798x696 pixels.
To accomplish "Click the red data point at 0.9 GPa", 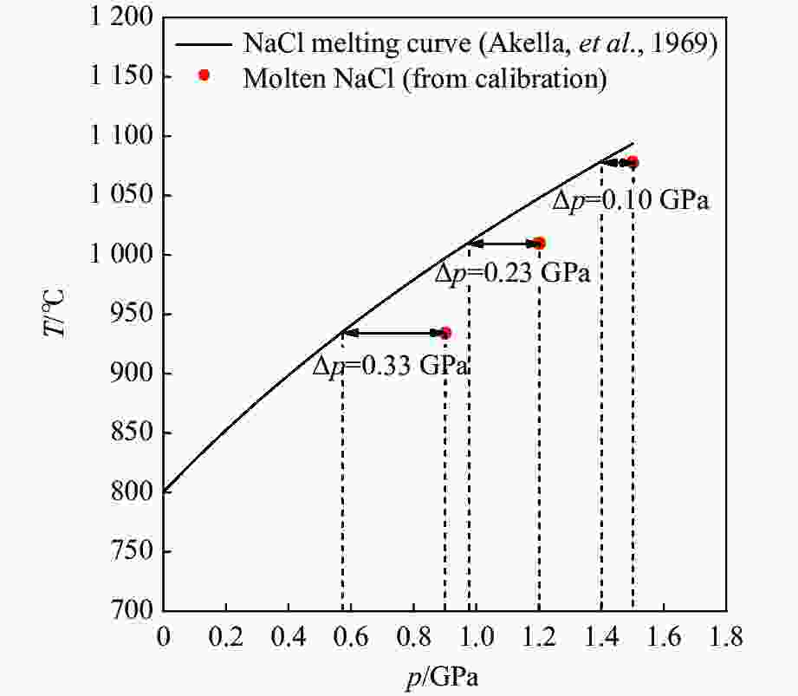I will (x=445, y=333).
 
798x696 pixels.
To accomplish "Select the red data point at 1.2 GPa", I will (x=539, y=244).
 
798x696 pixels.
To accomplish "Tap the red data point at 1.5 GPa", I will (x=633, y=162).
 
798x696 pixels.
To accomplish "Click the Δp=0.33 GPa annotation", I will (x=391, y=365).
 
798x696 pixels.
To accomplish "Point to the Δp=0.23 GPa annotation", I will (x=511, y=274).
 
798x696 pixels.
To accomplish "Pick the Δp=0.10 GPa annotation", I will (x=631, y=201).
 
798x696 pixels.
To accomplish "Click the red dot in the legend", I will (x=204, y=75).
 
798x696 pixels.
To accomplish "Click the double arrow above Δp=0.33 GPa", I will (x=394, y=333).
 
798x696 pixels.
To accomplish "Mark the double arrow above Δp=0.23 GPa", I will (x=503, y=244).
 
